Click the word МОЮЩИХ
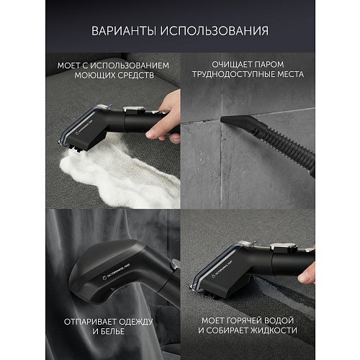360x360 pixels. tap(91, 75)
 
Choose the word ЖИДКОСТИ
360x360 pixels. tap(298, 330)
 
